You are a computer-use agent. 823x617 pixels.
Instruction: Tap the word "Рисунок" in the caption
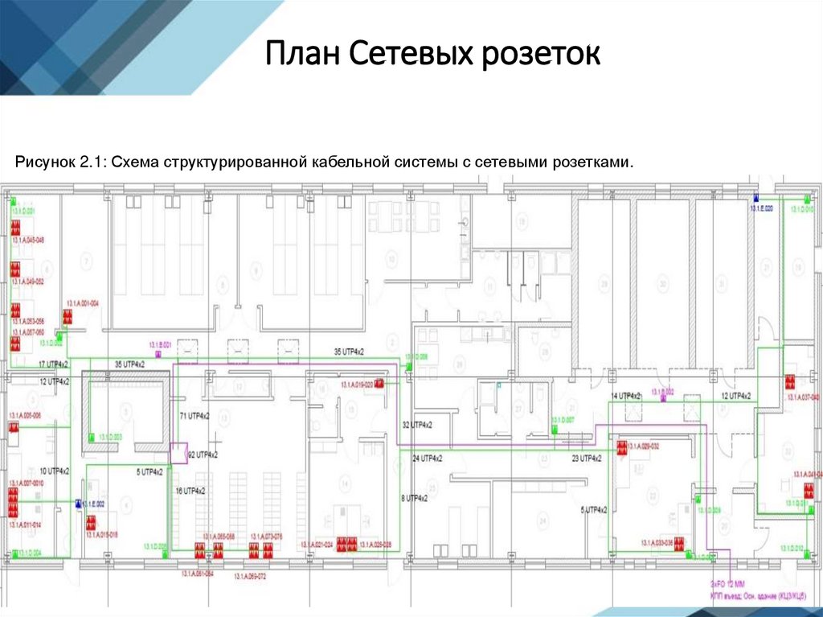click(x=45, y=162)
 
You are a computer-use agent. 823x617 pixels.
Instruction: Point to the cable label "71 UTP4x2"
click(x=194, y=416)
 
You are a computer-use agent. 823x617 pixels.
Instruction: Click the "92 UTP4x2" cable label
click(x=202, y=455)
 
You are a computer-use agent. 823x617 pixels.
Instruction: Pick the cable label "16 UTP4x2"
click(x=191, y=491)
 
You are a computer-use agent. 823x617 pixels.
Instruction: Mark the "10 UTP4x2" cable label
click(x=55, y=471)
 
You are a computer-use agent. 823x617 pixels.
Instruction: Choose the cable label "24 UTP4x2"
click(x=428, y=459)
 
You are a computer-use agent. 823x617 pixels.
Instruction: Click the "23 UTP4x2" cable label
click(x=587, y=459)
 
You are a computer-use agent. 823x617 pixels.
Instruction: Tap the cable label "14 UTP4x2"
click(x=626, y=397)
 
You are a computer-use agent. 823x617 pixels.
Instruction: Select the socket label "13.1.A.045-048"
click(x=27, y=241)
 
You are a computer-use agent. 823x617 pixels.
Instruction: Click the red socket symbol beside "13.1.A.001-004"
click(x=69, y=320)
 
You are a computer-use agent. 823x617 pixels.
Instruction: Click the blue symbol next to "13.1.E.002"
click(x=78, y=503)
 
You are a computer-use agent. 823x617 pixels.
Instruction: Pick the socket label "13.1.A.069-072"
click(x=249, y=577)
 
